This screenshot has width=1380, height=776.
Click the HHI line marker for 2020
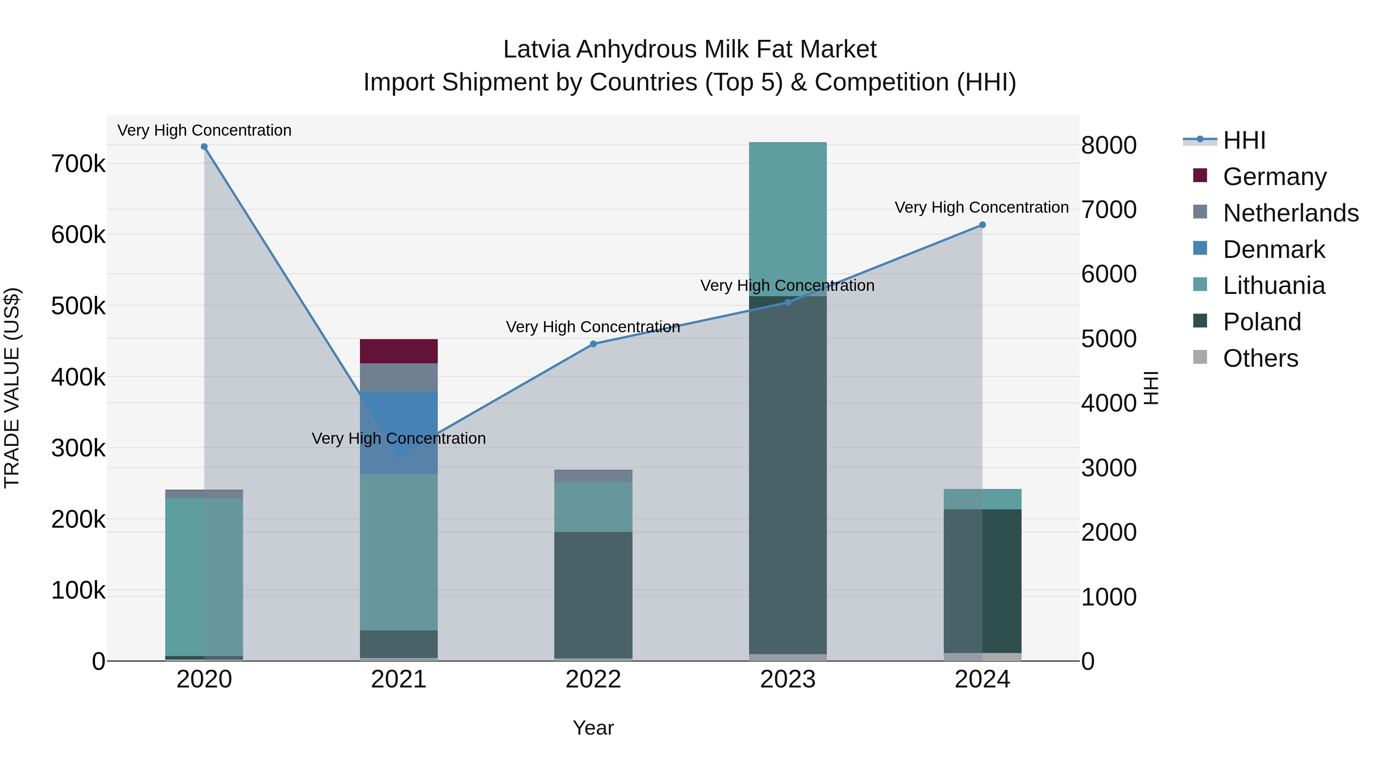204,147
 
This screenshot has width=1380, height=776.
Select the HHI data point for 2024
982,225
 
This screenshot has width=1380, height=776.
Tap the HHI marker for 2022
593,344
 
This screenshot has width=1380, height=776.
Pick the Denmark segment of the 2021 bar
399,423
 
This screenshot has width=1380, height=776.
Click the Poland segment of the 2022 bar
593,594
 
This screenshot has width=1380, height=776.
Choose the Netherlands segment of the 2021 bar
399,377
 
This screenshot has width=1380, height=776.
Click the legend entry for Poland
1262,322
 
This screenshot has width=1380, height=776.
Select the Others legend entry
1260,358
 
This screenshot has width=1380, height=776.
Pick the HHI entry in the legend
1244,140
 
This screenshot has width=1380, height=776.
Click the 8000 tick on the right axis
1108,145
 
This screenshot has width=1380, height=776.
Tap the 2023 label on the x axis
787,679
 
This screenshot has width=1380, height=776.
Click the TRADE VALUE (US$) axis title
12,388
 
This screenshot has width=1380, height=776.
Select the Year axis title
593,728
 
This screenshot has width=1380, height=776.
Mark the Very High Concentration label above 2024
981,207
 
